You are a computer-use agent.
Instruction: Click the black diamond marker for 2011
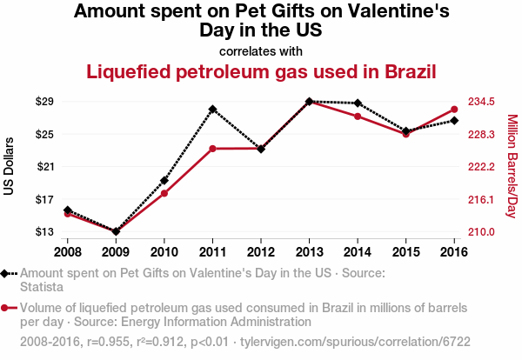click(212, 110)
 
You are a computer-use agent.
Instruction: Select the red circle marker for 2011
click(212, 149)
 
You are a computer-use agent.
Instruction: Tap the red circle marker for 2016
click(454, 110)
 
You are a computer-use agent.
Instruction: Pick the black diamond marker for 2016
click(454, 120)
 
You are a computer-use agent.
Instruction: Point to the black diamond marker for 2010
click(164, 181)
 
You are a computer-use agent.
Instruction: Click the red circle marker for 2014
click(358, 117)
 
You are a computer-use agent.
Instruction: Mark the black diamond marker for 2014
click(358, 103)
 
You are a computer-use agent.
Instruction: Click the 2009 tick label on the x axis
click(116, 252)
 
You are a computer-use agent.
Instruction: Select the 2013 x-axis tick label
click(309, 252)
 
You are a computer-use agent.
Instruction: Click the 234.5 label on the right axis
click(481, 102)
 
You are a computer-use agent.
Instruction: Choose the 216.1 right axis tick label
click(481, 199)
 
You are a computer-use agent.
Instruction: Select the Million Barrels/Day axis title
click(512, 166)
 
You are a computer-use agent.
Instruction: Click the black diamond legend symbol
click(7, 273)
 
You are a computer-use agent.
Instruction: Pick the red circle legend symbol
click(7, 308)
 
